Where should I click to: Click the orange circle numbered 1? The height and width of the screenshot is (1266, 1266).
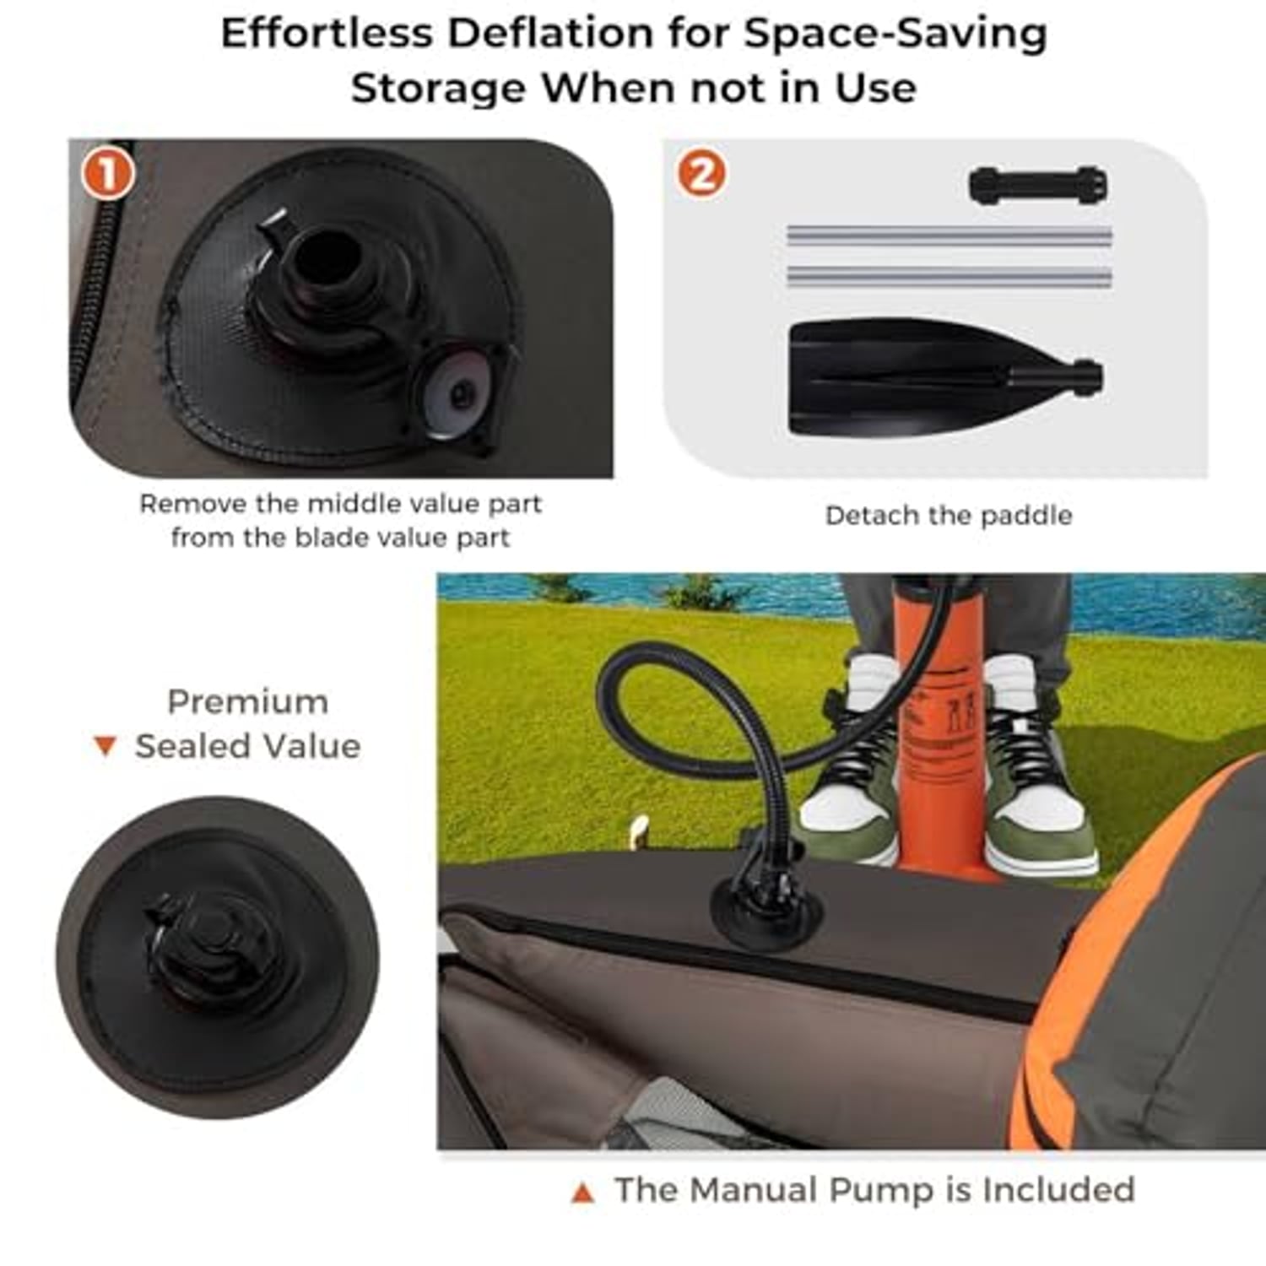(x=108, y=174)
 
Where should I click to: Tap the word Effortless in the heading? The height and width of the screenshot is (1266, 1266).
(x=327, y=34)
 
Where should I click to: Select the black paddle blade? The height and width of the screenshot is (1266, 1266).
(x=945, y=376)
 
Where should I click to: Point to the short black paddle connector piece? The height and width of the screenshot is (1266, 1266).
(x=1038, y=185)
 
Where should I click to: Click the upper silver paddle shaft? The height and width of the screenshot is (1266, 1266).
(x=949, y=236)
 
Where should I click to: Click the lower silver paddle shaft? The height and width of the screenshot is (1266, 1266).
(x=949, y=276)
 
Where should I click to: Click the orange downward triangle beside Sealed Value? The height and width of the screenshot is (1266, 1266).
(x=105, y=747)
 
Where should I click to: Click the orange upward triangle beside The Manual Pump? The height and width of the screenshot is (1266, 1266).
(x=582, y=1193)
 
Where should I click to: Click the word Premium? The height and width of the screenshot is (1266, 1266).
(x=248, y=702)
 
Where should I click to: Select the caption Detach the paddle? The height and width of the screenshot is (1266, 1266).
(x=949, y=516)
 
